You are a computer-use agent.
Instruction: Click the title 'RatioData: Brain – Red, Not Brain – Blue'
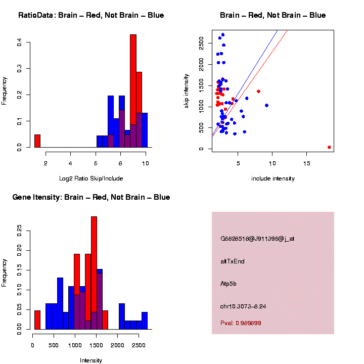(91, 15)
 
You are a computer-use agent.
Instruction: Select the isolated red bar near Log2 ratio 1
(37, 141)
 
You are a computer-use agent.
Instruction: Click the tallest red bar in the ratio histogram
(133, 91)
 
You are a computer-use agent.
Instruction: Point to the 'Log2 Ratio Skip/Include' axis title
(91, 178)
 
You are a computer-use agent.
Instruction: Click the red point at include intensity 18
(329, 147)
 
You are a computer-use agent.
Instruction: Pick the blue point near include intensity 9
(266, 105)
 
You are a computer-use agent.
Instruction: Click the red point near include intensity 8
(258, 91)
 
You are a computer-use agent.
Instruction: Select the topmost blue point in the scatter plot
(222, 35)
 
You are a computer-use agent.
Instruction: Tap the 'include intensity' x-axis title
(272, 178)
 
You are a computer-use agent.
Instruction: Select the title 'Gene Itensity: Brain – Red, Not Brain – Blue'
(91, 197)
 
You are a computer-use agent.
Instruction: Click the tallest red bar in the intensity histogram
(94, 273)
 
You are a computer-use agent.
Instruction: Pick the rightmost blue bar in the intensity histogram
(145, 321)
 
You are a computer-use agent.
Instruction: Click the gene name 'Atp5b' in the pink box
(229, 284)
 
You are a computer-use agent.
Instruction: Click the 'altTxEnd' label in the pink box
(233, 261)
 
